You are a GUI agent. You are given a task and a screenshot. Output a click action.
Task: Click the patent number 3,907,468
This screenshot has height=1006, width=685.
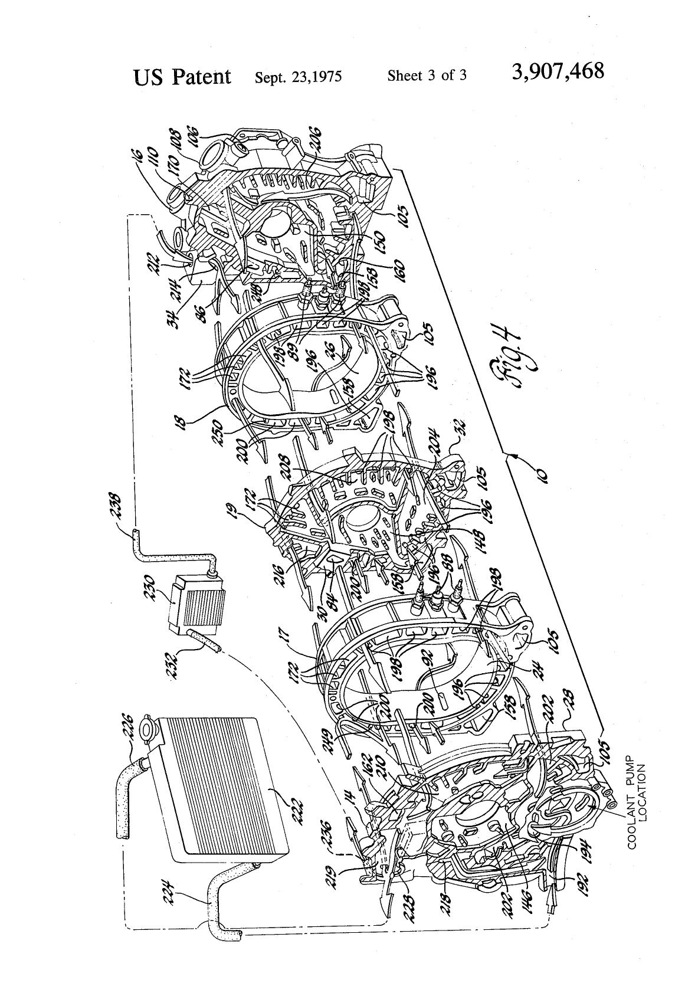pos(558,73)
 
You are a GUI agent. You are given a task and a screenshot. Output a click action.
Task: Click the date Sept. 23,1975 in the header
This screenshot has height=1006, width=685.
pos(298,77)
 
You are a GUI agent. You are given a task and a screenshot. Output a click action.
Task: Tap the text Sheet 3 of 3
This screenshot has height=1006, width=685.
pos(427,76)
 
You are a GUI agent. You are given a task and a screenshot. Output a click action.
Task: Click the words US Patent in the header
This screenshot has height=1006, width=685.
pos(182,76)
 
